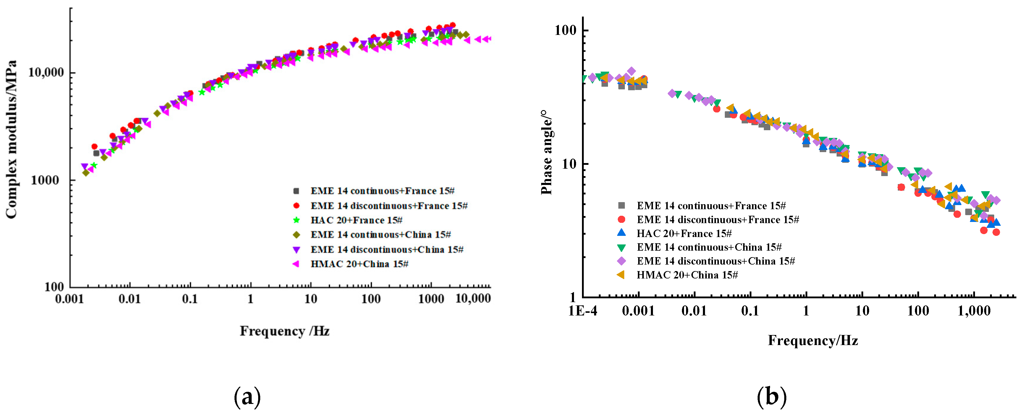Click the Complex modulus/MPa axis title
(12, 140)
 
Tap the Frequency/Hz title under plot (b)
(813, 341)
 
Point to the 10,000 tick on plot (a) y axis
(46, 73)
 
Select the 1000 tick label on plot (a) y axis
(44, 180)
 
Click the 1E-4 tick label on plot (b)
(582, 311)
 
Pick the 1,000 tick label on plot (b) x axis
(974, 311)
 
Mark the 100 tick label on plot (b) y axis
(565, 30)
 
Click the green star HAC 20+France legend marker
(296, 220)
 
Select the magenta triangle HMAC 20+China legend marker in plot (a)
(296, 264)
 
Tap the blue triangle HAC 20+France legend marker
(621, 233)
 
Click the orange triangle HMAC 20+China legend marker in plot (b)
(621, 275)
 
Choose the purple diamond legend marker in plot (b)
(621, 261)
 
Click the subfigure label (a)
(247, 397)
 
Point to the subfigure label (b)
(771, 397)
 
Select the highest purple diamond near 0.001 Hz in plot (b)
(631, 71)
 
